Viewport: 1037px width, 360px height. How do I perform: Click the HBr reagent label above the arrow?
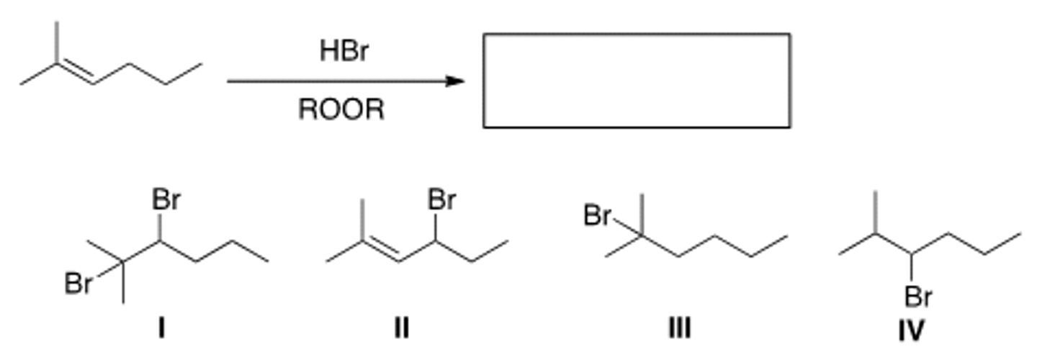pos(343,51)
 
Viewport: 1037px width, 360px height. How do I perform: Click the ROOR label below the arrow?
pos(341,110)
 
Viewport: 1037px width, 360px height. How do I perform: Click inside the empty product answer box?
pos(637,80)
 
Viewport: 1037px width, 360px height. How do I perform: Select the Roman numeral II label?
pos(402,329)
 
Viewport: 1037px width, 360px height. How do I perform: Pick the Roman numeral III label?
pos(678,329)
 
